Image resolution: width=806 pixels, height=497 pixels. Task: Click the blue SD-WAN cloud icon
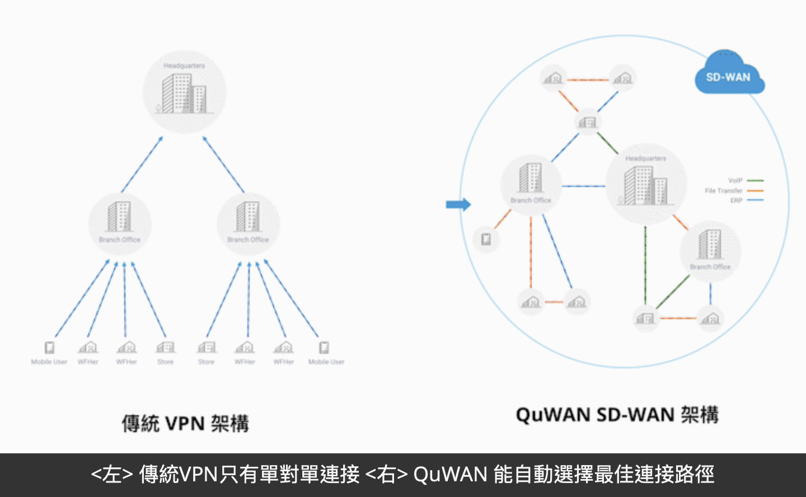point(729,73)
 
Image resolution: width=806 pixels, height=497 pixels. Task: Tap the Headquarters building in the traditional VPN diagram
point(185,93)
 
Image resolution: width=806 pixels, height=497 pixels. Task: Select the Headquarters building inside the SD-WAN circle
point(645,185)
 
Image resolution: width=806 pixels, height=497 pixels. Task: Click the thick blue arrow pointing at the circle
point(458,204)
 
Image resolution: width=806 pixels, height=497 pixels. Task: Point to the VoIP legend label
point(735,181)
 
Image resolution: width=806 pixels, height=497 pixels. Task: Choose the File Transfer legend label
point(723,191)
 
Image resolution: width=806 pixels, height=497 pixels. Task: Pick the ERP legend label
point(736,200)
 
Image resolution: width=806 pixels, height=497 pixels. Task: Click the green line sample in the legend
point(755,181)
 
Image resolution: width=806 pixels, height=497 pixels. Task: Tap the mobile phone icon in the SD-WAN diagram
point(486,240)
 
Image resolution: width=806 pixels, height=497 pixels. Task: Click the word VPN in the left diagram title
point(185,424)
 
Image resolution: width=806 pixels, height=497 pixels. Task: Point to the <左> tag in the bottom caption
point(112,475)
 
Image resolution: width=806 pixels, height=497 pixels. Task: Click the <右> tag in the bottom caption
point(387,475)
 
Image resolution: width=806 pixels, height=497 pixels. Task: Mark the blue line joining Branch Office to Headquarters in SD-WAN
point(583,186)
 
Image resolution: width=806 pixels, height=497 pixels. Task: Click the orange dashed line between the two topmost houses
point(588,79)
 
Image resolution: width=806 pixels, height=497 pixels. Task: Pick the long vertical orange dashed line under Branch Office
point(531,252)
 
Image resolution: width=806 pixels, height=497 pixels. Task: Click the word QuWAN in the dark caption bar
point(450,475)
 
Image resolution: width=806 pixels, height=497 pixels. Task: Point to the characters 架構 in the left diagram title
point(229,424)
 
